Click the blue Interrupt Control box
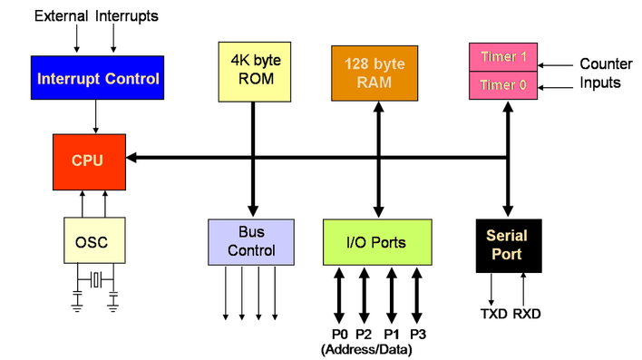[x=97, y=78]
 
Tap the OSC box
[x=93, y=242]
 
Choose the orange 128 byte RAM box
[x=372, y=72]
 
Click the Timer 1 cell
[x=501, y=58]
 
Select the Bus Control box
[x=251, y=242]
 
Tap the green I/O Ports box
[x=376, y=242]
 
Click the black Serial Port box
[x=506, y=245]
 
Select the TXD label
[x=493, y=314]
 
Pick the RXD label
[x=527, y=314]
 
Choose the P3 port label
[x=418, y=334]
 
